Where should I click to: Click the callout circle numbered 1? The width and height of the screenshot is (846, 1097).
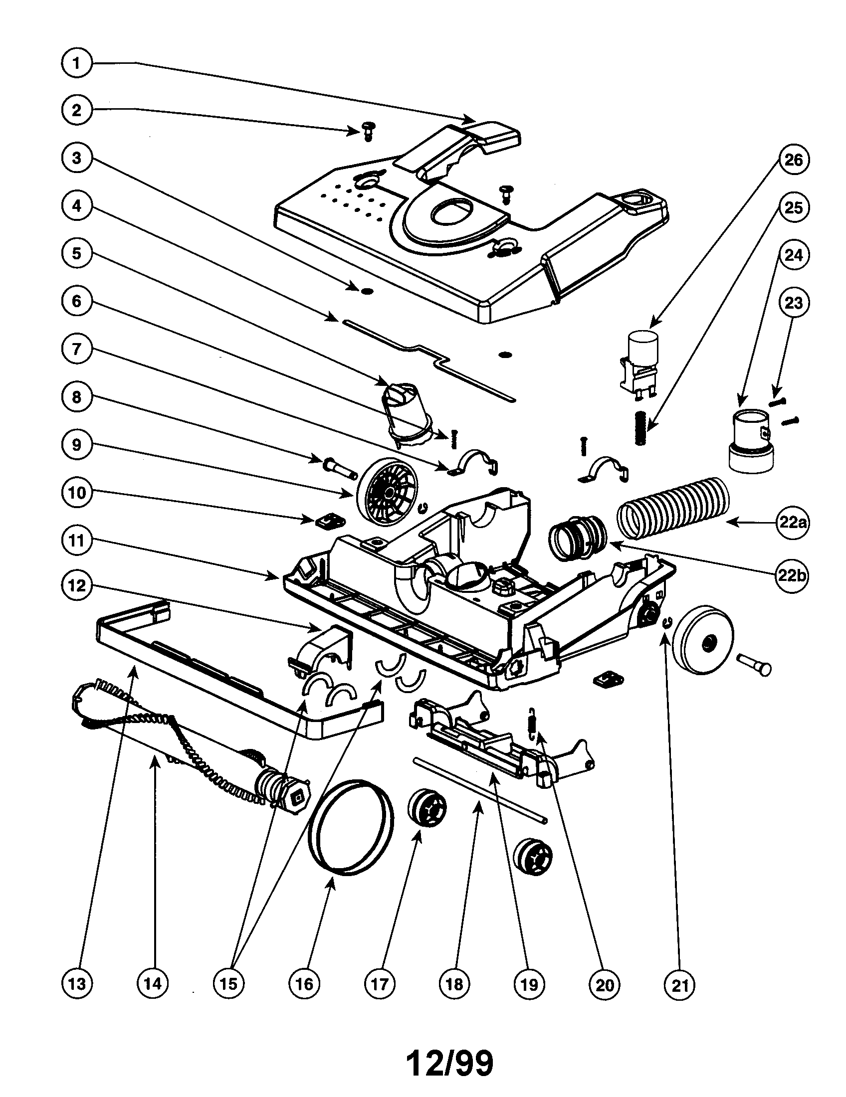(76, 63)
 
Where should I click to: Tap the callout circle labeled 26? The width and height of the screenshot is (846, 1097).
(793, 160)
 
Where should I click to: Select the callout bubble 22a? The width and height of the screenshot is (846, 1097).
(793, 523)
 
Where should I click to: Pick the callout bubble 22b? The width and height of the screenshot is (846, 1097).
(793, 575)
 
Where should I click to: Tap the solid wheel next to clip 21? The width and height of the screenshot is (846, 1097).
(702, 640)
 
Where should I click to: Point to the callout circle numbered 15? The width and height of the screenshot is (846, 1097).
(228, 983)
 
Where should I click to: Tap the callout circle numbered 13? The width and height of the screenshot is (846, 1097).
(76, 983)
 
